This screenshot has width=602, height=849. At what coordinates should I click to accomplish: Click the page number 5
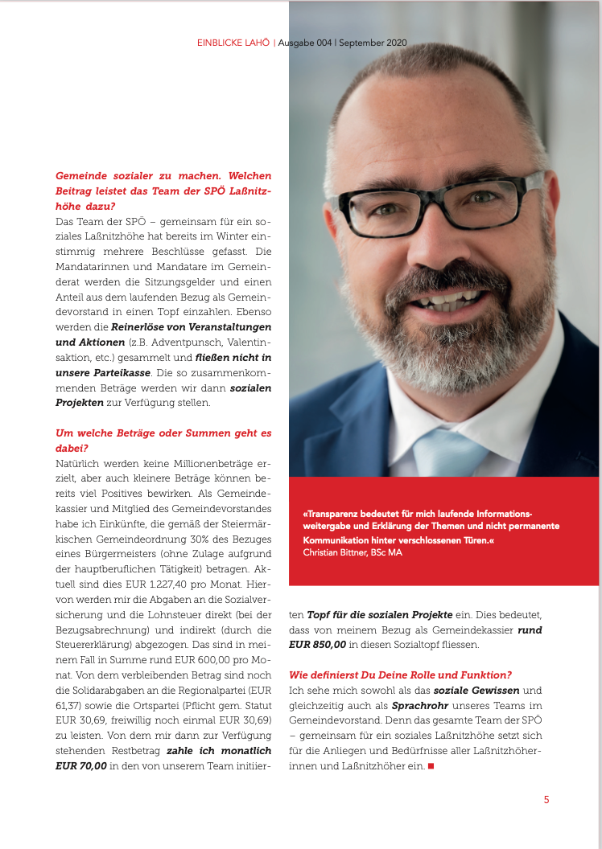pyautogui.click(x=546, y=799)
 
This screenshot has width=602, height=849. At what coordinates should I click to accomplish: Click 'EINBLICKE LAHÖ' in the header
pyautogui.click(x=233, y=43)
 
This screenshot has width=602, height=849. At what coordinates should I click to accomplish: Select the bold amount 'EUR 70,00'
pyautogui.click(x=81, y=766)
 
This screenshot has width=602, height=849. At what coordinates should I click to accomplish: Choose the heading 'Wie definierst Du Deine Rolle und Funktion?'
pyautogui.click(x=400, y=675)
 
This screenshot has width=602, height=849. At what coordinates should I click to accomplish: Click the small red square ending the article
pyautogui.click(x=431, y=766)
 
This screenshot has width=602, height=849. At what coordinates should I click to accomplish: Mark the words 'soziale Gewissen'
pyautogui.click(x=475, y=690)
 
